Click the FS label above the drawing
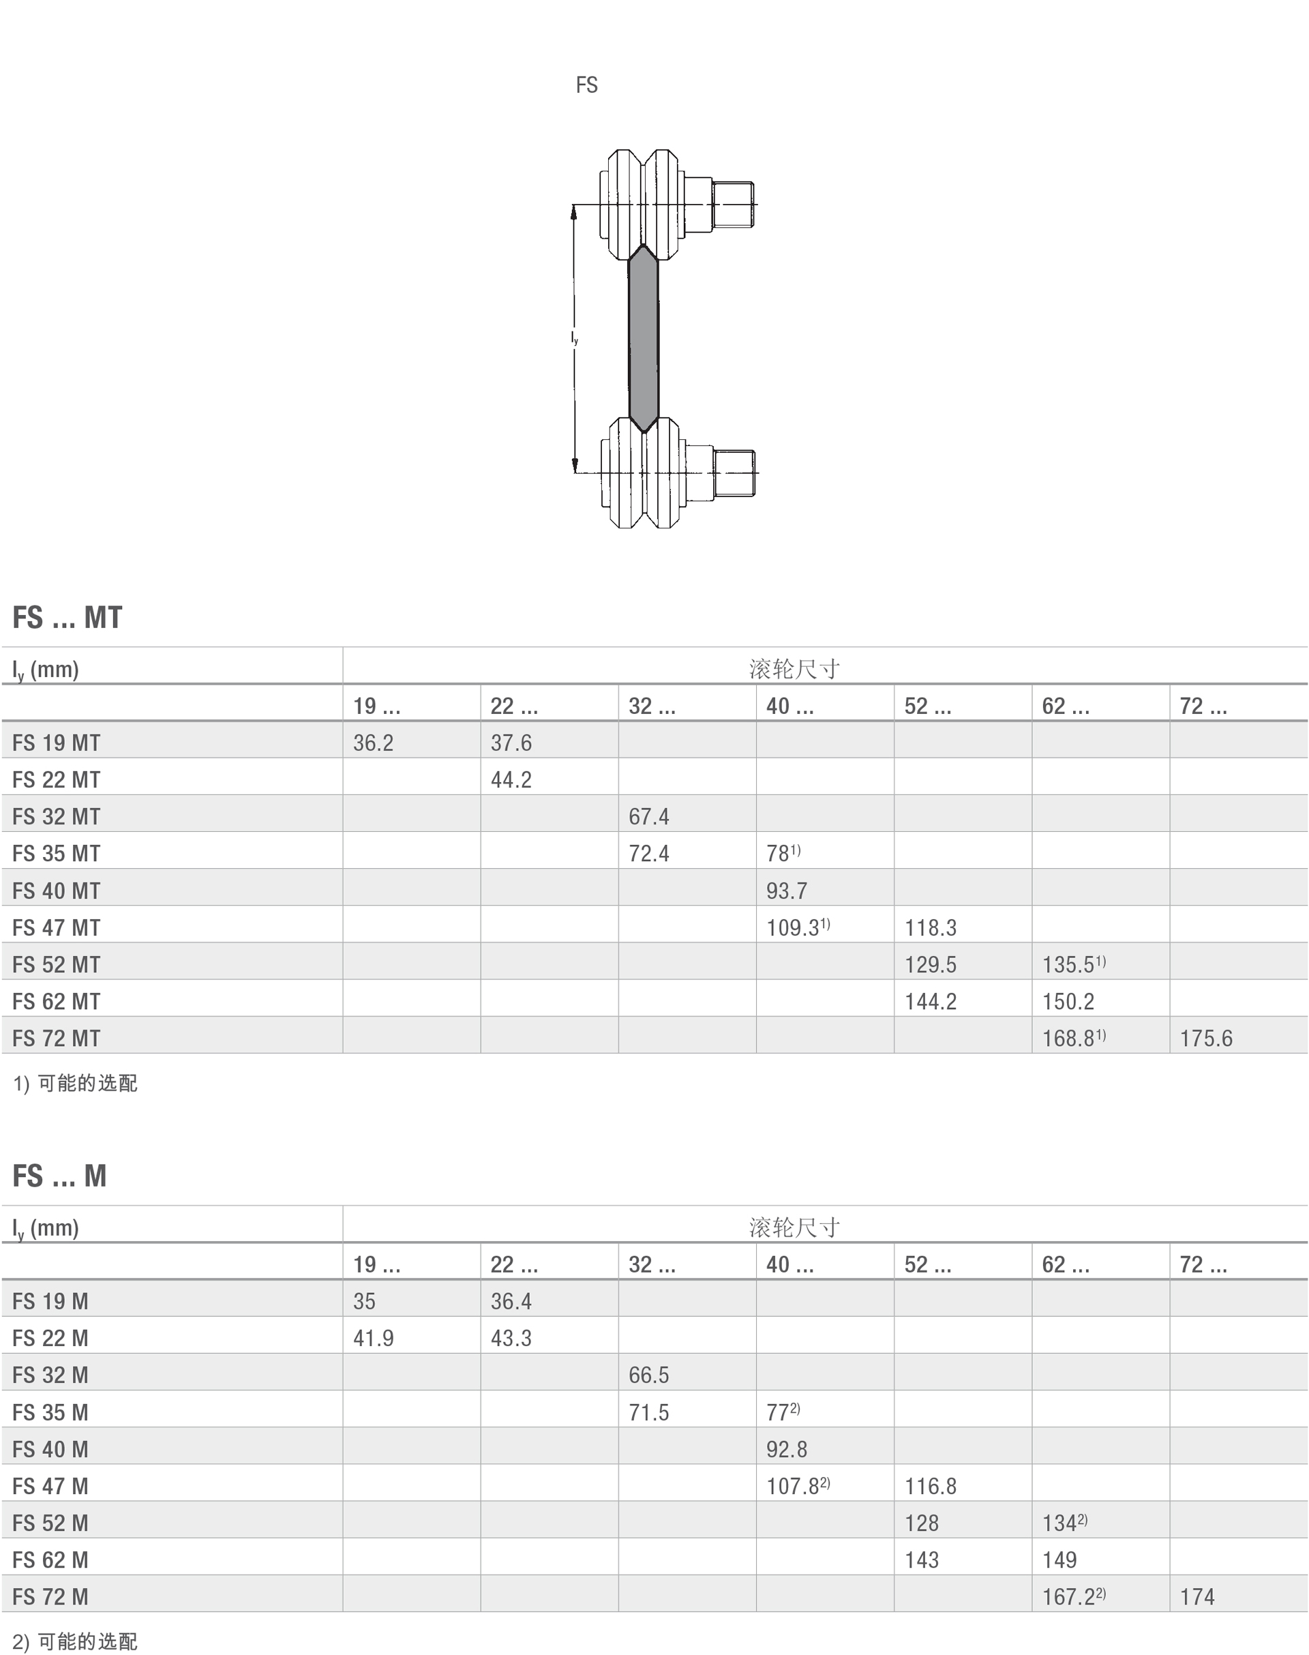tap(586, 85)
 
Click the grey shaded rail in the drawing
tap(643, 338)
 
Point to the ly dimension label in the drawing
tap(574, 338)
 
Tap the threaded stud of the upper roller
tap(733, 205)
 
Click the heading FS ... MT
tap(67, 617)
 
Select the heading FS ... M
tap(60, 1176)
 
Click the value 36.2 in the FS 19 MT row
tap(373, 743)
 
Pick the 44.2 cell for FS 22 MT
tap(511, 779)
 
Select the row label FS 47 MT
tap(56, 927)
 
